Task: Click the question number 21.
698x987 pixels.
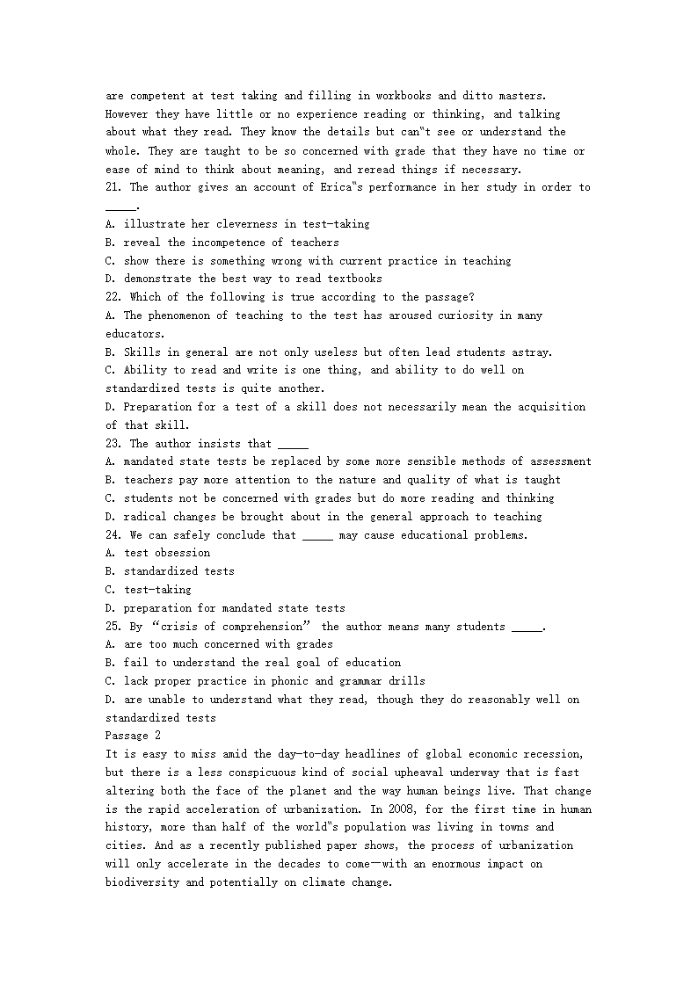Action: (x=113, y=187)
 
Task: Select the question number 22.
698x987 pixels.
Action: (x=113, y=297)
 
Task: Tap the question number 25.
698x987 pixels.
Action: (x=113, y=627)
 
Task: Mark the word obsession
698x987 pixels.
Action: (x=183, y=553)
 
